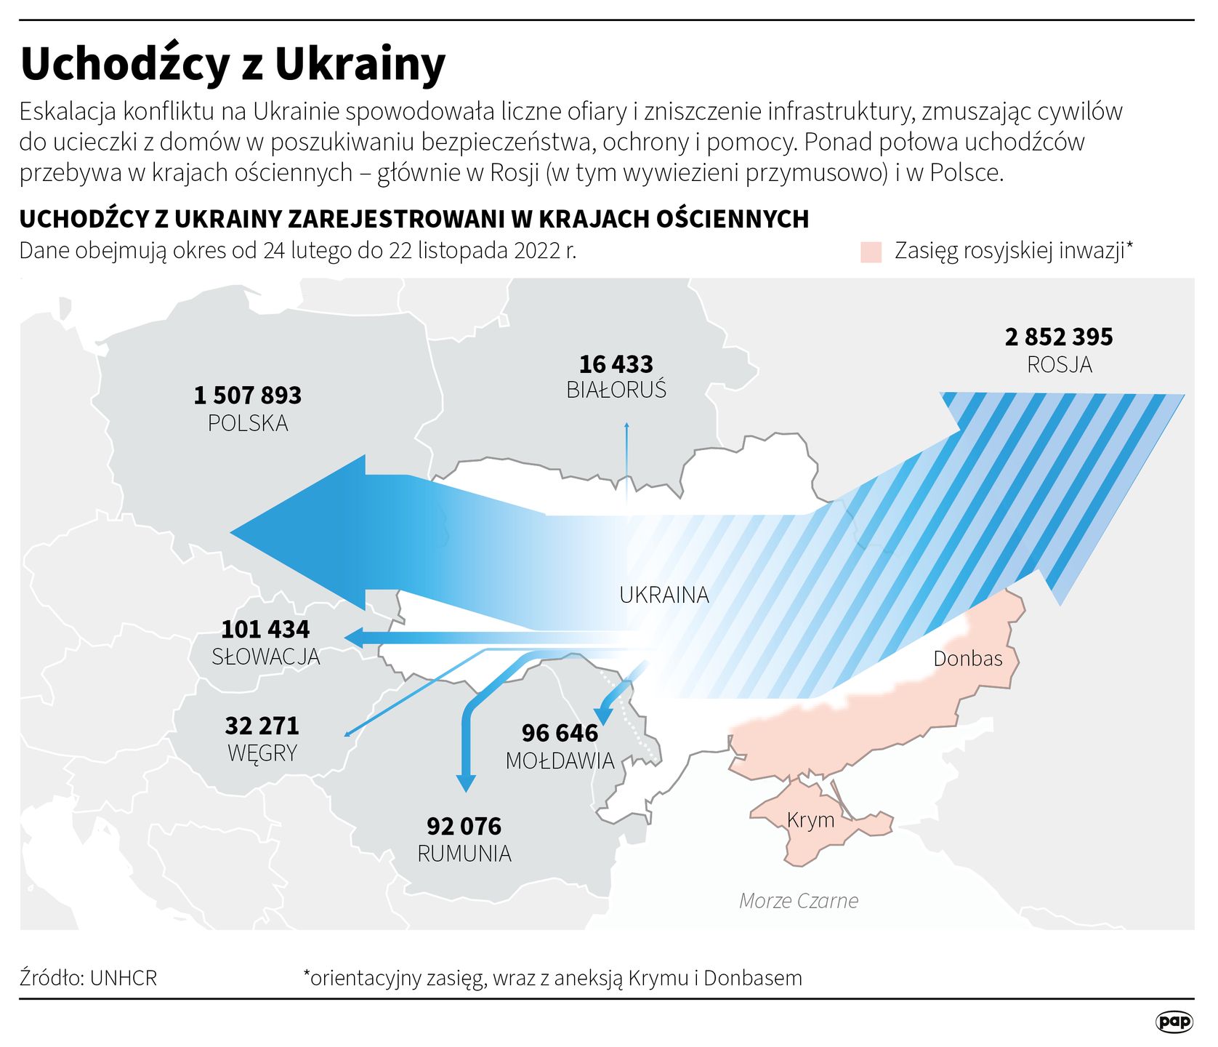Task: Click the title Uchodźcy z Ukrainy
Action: [233, 64]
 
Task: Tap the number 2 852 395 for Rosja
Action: [1059, 337]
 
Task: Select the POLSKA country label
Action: [248, 423]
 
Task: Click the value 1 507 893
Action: [247, 396]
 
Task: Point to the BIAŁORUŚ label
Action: [616, 390]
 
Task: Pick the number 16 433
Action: [616, 364]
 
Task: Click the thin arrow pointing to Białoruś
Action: [626, 458]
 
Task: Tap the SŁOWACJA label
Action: [265, 657]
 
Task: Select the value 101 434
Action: [265, 629]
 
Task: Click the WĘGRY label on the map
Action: [262, 753]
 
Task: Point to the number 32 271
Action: [262, 726]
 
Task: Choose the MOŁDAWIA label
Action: [560, 761]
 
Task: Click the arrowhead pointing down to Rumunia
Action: [465, 782]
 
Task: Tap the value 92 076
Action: [464, 826]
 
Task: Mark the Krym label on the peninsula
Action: [810, 820]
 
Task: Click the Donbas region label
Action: [967, 659]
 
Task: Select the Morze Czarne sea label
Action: [799, 901]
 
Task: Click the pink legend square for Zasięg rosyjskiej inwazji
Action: [871, 252]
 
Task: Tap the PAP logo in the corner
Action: [1174, 1022]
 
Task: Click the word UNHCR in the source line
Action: [124, 978]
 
